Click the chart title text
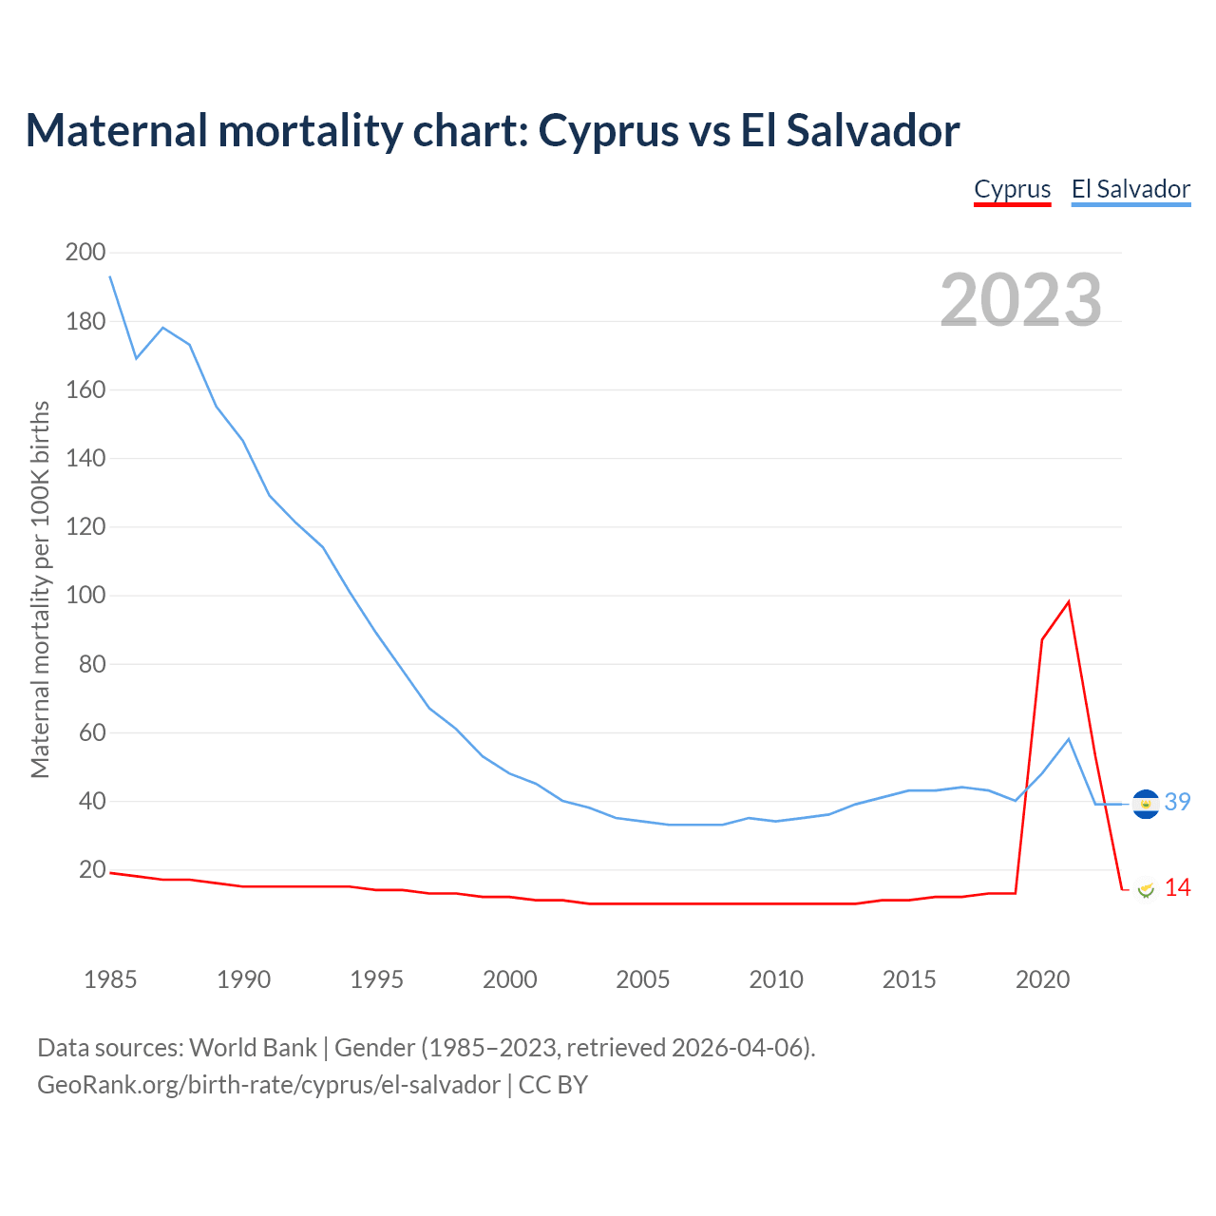[x=492, y=130]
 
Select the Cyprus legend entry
[x=1013, y=189]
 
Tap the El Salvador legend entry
[x=1130, y=189]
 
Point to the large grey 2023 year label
[x=1021, y=300]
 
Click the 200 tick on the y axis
[x=85, y=253]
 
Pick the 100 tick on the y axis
[x=85, y=596]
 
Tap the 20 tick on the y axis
[x=92, y=870]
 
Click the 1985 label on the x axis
[x=110, y=979]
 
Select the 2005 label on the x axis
[x=643, y=979]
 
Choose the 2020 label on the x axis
[x=1042, y=979]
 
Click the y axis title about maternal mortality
[x=40, y=589]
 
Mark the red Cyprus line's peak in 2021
[x=1069, y=601]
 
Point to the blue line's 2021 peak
[x=1069, y=739]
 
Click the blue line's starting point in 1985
[x=110, y=276]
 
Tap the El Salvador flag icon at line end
[x=1146, y=804]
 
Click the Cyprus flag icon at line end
[x=1146, y=889]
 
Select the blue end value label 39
[x=1178, y=803]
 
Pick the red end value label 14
[x=1178, y=888]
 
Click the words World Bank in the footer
[x=253, y=1048]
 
